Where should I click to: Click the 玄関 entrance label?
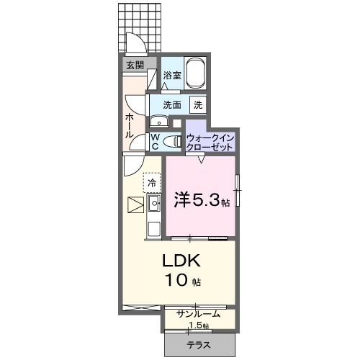tap(135, 65)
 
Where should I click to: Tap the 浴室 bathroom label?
tap(171, 75)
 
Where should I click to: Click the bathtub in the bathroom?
tap(196, 73)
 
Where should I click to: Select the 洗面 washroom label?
tap(171, 104)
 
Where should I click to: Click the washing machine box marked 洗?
tap(197, 104)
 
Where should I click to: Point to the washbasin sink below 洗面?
tap(157, 121)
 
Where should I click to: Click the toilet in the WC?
tap(171, 141)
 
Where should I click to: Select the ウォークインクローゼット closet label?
tap(210, 141)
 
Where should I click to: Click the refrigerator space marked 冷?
tap(152, 183)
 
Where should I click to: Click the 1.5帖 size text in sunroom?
tap(199, 325)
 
